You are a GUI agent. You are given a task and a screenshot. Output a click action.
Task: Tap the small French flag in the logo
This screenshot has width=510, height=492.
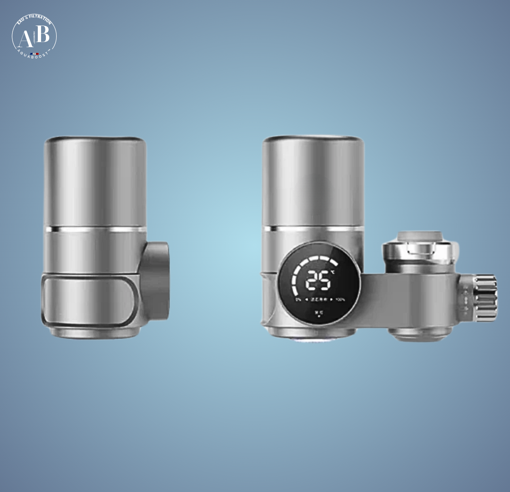pyautogui.click(x=34, y=53)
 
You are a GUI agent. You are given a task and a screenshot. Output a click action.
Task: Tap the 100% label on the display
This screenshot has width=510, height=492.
pyautogui.click(x=340, y=299)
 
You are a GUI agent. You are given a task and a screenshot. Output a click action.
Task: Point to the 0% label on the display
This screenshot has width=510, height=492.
pyautogui.click(x=298, y=299)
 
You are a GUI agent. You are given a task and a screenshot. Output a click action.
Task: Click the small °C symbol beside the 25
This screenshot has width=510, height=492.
pyautogui.click(x=333, y=272)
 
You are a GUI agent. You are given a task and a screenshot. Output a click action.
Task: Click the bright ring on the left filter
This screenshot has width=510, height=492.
pyautogui.click(x=95, y=229)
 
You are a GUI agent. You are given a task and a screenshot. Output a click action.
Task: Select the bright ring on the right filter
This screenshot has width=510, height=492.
pyautogui.click(x=313, y=229)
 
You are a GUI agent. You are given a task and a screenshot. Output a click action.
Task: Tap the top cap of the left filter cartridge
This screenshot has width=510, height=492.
pyautogui.click(x=95, y=139)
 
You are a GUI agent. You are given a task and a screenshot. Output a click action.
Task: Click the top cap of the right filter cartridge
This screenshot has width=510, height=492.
pyautogui.click(x=313, y=139)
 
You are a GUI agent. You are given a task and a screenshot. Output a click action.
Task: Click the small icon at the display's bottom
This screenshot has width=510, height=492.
pyautogui.click(x=319, y=313)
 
